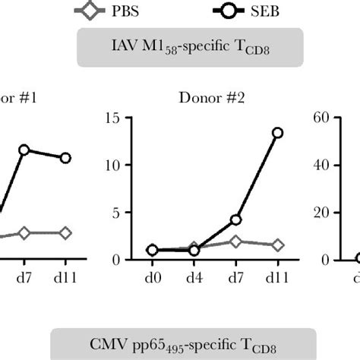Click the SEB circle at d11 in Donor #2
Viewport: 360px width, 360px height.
(x=277, y=132)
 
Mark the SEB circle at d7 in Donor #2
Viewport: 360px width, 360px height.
(x=235, y=219)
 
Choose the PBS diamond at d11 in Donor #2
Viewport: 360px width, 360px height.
(x=277, y=245)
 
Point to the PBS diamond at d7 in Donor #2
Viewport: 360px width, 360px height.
(x=235, y=242)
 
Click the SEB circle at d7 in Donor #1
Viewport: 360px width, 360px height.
(x=24, y=150)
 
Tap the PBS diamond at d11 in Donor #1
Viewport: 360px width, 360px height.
(x=66, y=232)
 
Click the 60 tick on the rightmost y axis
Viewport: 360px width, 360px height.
(x=321, y=118)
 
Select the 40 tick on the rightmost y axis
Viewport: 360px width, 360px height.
(x=321, y=165)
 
